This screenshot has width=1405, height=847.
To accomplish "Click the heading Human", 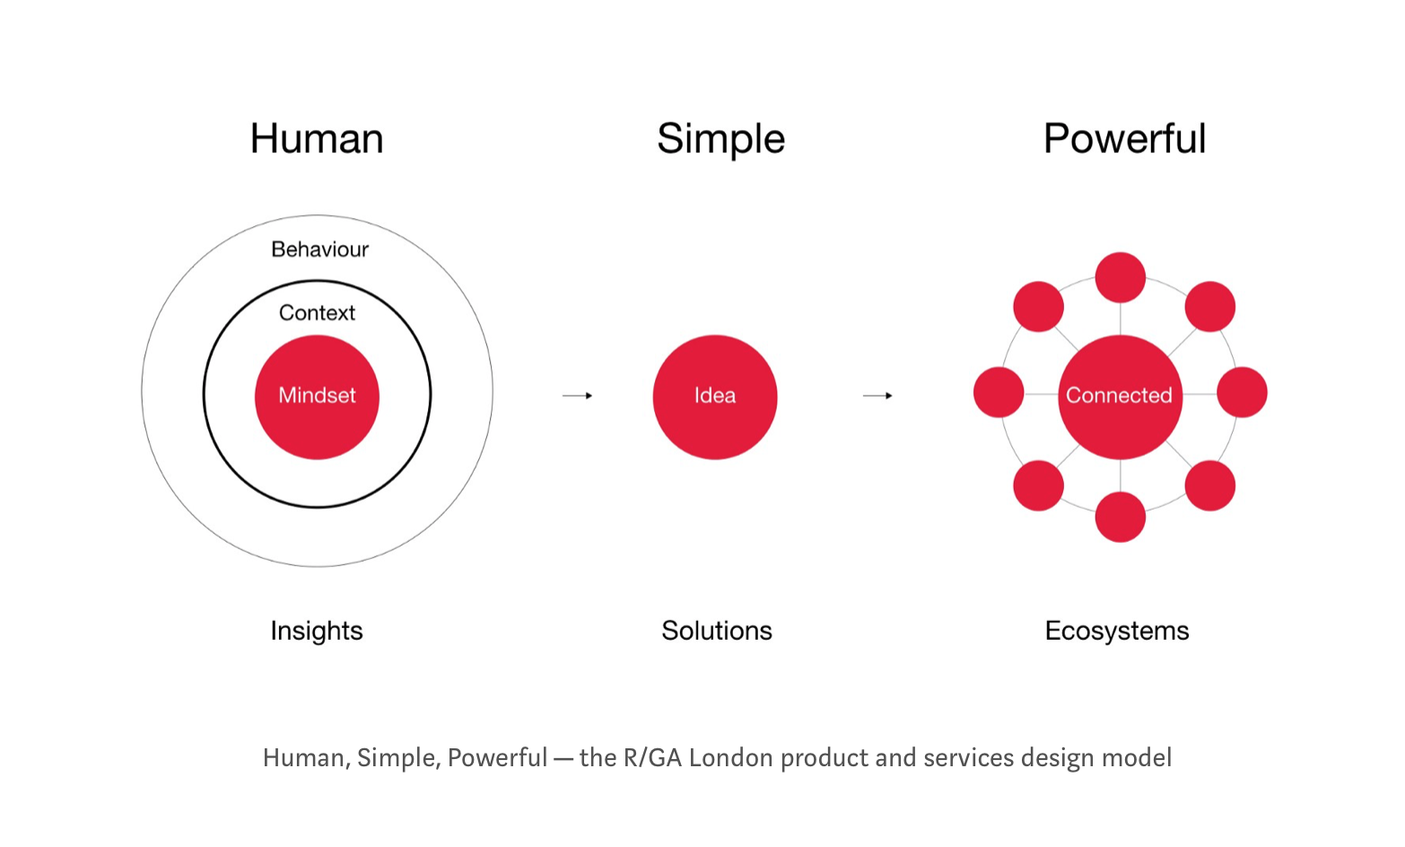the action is [317, 138].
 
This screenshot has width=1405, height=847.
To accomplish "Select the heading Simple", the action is [720, 140].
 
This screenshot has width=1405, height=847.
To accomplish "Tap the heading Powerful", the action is [1124, 138].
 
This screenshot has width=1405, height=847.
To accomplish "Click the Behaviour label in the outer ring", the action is [320, 249].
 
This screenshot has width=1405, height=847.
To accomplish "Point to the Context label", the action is [317, 312].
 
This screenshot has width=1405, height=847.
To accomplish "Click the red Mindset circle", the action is [317, 397].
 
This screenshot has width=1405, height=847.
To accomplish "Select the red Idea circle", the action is [715, 397].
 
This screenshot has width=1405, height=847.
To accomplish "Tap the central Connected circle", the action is [1121, 397].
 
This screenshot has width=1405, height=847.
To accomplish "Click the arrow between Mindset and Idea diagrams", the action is [578, 396].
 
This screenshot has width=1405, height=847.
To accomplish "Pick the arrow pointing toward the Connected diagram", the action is [878, 396].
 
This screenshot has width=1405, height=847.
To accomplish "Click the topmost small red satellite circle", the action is [1121, 277].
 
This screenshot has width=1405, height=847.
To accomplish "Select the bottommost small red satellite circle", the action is [1121, 517].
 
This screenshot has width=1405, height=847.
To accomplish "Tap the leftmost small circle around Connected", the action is [999, 393].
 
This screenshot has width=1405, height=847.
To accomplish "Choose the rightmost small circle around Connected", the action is [1242, 393].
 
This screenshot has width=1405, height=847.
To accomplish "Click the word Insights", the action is [317, 631].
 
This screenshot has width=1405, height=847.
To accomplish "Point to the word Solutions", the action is [717, 631].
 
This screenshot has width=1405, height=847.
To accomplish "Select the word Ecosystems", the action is [1117, 631].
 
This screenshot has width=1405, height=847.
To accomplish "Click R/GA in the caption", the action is [652, 757].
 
